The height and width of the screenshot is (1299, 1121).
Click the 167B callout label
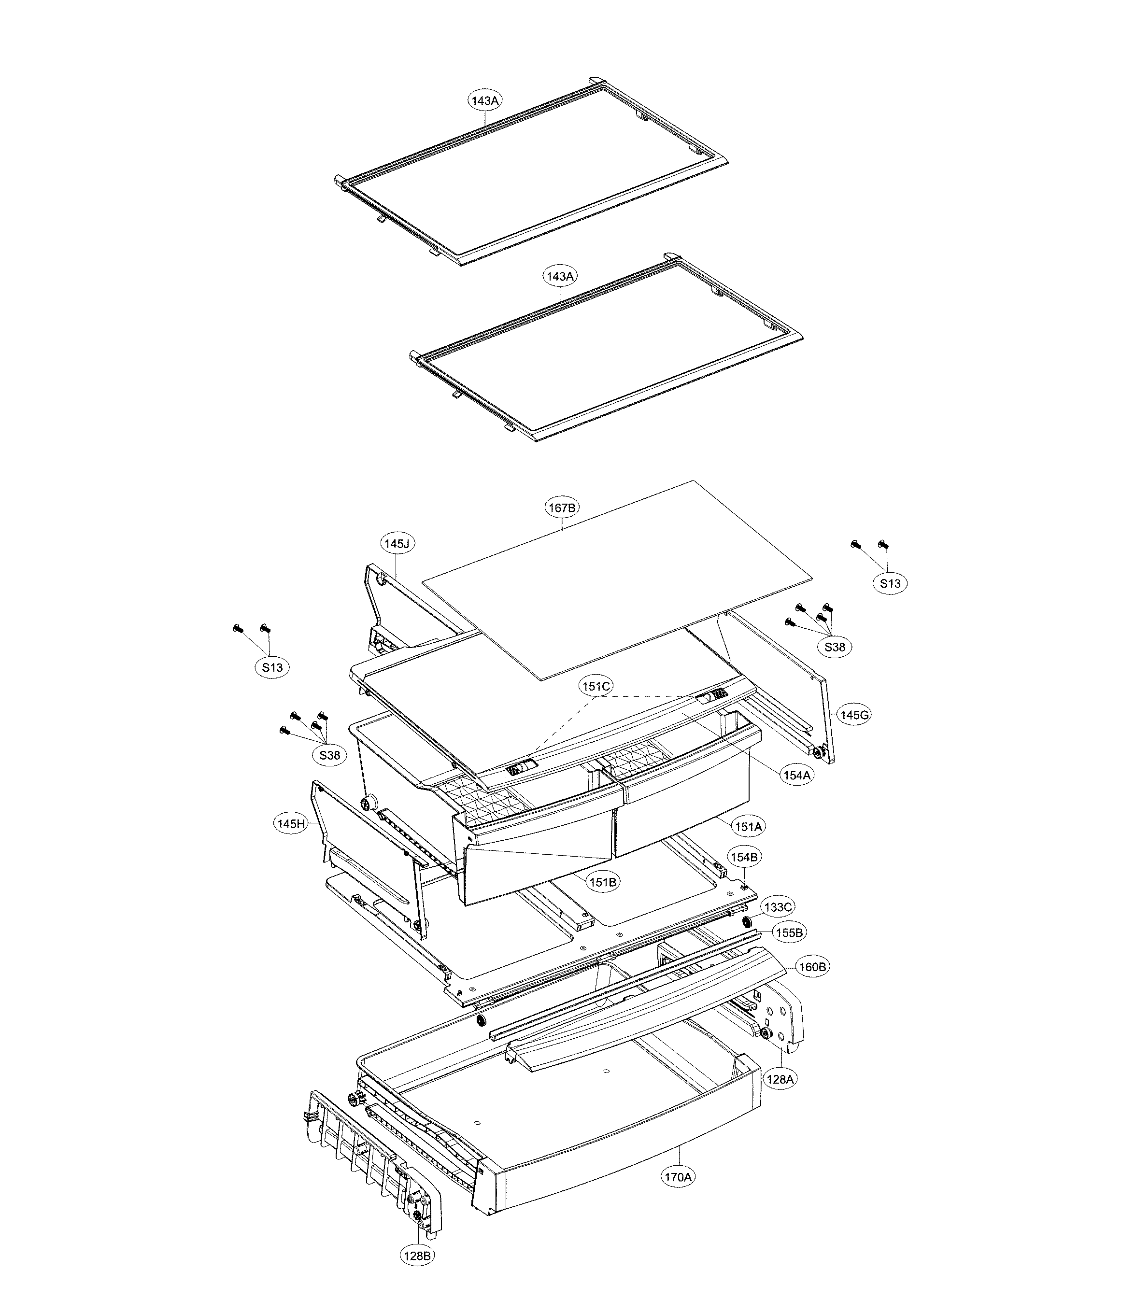(x=562, y=508)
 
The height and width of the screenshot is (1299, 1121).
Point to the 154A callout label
(x=797, y=776)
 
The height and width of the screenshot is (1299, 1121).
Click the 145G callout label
(x=854, y=715)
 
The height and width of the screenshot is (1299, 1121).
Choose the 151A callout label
(x=748, y=827)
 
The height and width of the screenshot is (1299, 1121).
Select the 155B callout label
(x=789, y=933)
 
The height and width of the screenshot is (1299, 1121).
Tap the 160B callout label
(x=812, y=967)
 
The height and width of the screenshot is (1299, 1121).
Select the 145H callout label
(x=291, y=824)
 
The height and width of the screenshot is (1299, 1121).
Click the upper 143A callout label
(x=486, y=100)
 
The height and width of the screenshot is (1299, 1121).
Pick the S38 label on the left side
(x=330, y=755)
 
